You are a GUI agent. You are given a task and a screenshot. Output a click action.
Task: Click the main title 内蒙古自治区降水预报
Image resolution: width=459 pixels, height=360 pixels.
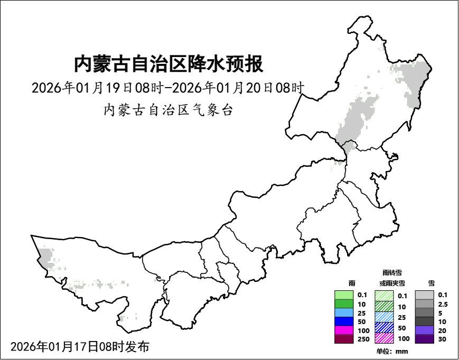[x=168, y=64]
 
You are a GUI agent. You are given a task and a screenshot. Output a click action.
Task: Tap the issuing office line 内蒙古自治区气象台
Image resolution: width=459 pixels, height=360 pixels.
[x=168, y=110]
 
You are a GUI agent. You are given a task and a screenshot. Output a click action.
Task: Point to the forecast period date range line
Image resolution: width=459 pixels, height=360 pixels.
[x=168, y=88]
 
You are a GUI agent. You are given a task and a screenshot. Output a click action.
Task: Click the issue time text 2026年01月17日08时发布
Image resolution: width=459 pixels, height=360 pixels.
[x=80, y=347]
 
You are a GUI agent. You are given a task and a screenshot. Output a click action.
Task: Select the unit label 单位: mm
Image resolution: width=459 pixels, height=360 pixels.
[x=392, y=352]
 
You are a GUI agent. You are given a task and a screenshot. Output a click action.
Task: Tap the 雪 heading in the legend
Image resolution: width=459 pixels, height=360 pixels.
[x=432, y=283]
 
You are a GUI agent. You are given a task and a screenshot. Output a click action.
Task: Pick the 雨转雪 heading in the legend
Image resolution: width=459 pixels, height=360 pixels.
[x=392, y=272]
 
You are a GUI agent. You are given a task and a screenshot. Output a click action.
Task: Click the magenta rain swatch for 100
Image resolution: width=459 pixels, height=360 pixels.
[x=344, y=330]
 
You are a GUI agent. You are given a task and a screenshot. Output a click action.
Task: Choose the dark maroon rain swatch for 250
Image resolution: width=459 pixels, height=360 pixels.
[x=344, y=339]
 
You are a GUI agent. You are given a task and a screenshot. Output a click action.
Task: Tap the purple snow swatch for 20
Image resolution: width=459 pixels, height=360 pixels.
[x=424, y=330]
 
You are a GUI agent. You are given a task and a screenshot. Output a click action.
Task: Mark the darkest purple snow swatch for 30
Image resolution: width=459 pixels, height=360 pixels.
[x=424, y=339]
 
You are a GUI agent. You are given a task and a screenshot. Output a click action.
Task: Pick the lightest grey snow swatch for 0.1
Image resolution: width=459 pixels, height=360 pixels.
[x=424, y=295]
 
